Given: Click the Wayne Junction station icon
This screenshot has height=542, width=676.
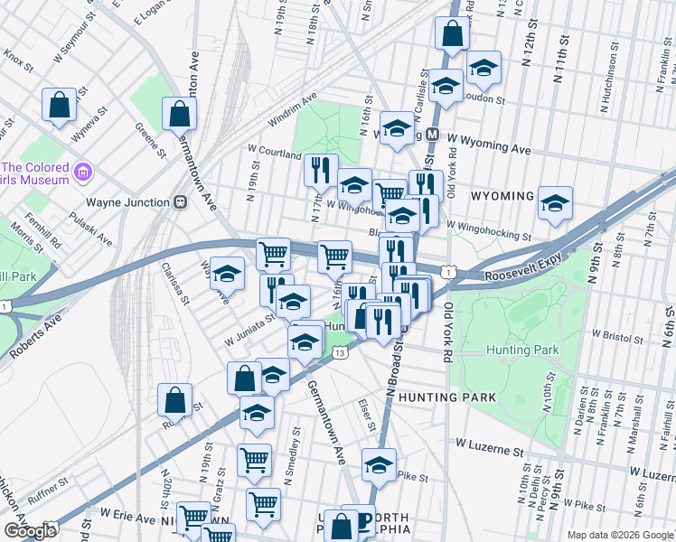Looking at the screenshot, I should pos(181,202).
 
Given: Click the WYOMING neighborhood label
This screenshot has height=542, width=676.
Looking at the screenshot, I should pos(502,195).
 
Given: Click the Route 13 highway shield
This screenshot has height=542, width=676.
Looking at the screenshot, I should pos(340,353).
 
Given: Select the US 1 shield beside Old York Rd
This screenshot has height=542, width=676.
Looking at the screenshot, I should pos(447,271).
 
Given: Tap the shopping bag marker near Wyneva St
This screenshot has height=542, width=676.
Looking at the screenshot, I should pos(59,105).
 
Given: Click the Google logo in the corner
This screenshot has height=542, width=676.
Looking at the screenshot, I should pos(29,531).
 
